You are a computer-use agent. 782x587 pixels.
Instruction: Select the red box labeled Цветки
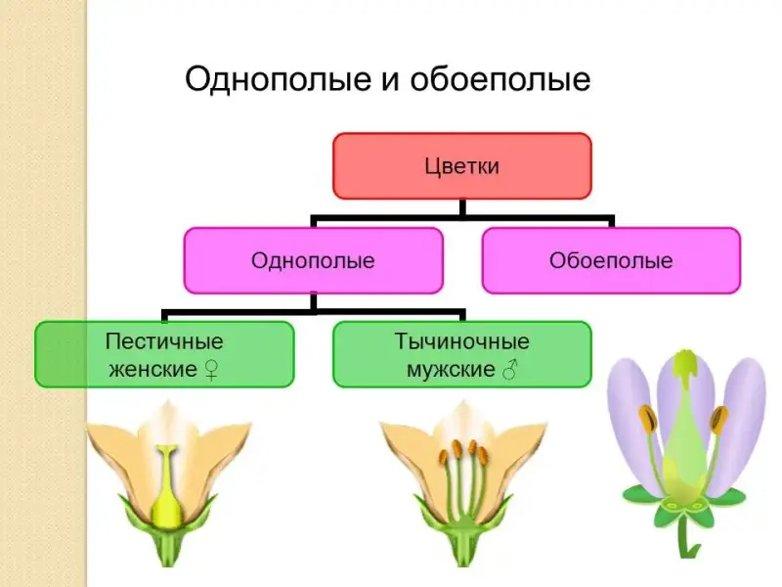coord(462,166)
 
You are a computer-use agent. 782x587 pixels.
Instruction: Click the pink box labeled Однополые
coord(313,260)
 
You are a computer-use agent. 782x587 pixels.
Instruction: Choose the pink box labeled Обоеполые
coord(611,260)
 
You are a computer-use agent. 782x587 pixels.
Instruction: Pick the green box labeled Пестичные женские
coord(164,354)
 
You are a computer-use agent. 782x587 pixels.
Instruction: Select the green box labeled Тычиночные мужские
coord(462,354)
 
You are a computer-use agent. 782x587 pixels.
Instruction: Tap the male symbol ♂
coord(509,371)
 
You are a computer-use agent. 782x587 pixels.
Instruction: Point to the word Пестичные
coord(164,342)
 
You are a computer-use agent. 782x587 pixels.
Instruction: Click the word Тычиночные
coord(462,342)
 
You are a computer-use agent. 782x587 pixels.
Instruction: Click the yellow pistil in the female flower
coord(166,489)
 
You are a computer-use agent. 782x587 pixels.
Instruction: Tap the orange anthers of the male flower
coord(463,453)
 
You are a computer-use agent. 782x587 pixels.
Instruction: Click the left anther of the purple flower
coord(647,420)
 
